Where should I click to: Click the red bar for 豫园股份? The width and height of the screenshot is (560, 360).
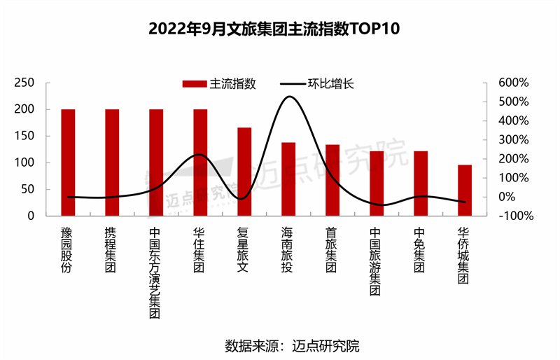pyautogui.click(x=68, y=162)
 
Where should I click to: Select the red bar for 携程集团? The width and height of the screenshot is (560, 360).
pyautogui.click(x=112, y=162)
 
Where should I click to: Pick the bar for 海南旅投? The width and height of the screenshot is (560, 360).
pyautogui.click(x=288, y=179)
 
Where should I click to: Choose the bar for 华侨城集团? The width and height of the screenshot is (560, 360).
pyautogui.click(x=465, y=190)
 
